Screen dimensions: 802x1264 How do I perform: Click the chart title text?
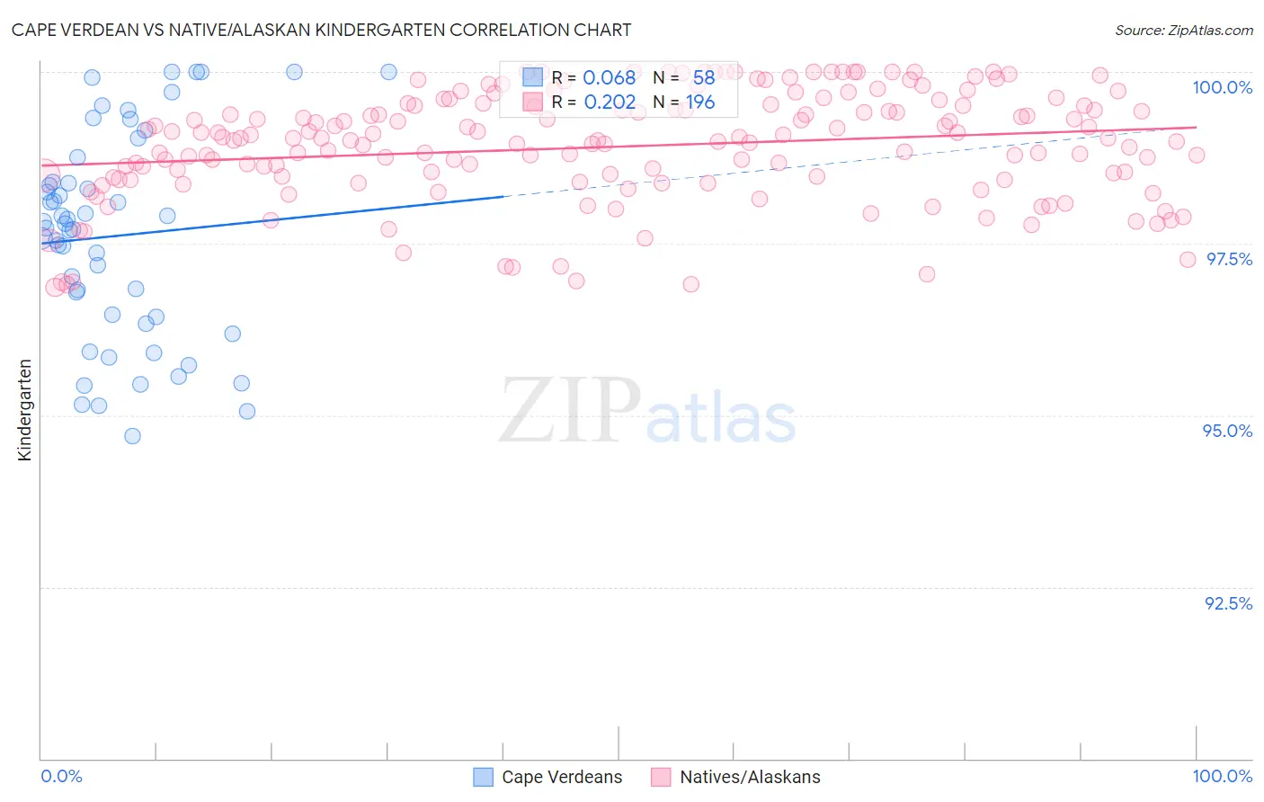click(321, 30)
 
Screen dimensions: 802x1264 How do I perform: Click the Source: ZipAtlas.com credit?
click(1183, 30)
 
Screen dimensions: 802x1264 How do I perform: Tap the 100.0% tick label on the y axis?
click(1222, 87)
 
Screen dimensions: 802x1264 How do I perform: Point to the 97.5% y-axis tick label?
click(1228, 259)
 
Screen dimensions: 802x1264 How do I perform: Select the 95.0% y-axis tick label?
click(1227, 431)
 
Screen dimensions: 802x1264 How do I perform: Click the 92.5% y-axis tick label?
click(1228, 603)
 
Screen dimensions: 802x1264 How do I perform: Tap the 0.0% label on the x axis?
click(61, 776)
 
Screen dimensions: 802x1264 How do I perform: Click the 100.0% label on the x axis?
click(1222, 776)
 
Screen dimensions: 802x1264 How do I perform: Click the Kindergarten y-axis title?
click(25, 410)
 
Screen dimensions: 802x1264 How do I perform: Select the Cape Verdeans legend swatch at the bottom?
click(483, 777)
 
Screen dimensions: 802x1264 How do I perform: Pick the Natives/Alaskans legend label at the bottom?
click(750, 777)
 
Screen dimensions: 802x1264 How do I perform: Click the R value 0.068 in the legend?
click(609, 78)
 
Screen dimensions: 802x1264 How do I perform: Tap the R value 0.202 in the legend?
click(609, 102)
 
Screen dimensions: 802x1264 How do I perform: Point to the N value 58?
click(703, 78)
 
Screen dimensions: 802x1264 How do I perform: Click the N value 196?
click(699, 102)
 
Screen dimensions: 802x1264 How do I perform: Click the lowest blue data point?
click(132, 436)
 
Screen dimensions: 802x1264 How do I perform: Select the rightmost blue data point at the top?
click(388, 72)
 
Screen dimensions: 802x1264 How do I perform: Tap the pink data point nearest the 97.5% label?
click(1187, 260)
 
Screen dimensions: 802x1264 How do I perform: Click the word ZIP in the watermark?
click(570, 411)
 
